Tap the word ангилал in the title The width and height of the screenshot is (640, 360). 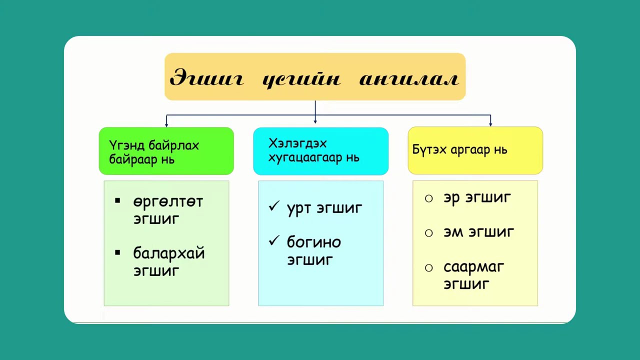point(409,78)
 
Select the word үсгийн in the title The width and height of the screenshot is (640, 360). point(301,78)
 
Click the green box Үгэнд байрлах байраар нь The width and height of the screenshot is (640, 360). point(166,151)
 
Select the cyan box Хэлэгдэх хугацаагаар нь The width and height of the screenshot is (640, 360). point(320,151)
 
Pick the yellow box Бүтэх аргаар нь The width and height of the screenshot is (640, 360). point(475,150)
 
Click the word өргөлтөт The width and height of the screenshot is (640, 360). point(168,201)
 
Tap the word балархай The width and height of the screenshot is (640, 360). point(169,253)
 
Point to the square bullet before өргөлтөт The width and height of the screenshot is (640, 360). point(117,201)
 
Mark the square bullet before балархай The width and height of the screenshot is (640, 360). point(117,253)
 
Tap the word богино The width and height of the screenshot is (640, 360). point(314,242)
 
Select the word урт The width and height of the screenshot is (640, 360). point(299,208)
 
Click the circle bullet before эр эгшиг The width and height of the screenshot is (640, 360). point(428,198)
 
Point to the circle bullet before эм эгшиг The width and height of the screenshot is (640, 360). point(428,233)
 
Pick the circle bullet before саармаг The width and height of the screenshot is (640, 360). point(428,268)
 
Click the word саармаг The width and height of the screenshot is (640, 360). point(474,267)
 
